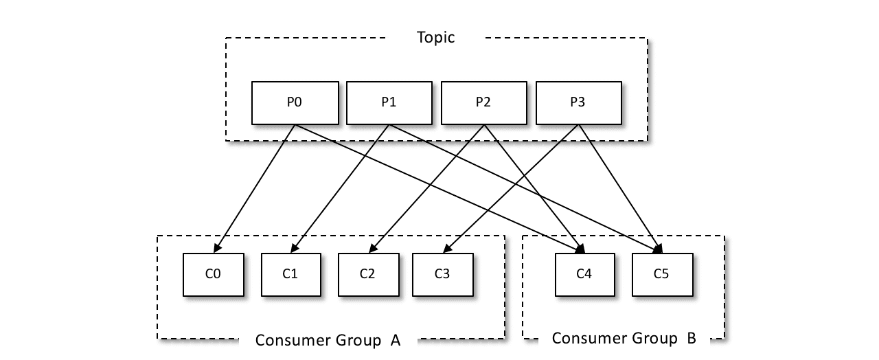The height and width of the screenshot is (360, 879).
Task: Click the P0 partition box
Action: coord(295,103)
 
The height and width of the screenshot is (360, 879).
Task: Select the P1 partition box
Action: coord(389,103)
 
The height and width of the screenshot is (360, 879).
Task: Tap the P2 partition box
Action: coord(483,103)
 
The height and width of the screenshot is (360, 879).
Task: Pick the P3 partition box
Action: coord(578,103)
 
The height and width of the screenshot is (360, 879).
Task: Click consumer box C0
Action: coord(213,274)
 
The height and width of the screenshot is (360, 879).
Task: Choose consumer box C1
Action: coord(290,274)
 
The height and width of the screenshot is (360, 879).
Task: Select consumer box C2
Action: coord(367,274)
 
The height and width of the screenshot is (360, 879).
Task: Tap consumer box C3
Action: coord(442,274)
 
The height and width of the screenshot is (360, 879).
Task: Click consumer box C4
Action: coord(584,274)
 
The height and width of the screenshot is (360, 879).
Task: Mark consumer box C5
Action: coord(661,274)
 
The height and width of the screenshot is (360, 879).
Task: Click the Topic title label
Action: coord(436,38)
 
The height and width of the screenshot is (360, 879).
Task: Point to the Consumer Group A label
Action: coord(328,340)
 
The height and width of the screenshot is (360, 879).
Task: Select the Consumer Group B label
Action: coord(624,338)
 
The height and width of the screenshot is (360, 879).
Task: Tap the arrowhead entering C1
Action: coord(295,249)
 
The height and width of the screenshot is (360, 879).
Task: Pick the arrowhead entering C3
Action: coord(447,249)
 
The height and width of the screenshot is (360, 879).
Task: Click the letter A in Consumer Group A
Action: coord(395,340)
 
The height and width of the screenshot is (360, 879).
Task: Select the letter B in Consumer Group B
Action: coord(691,338)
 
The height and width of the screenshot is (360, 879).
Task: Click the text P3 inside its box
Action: coord(578,103)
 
